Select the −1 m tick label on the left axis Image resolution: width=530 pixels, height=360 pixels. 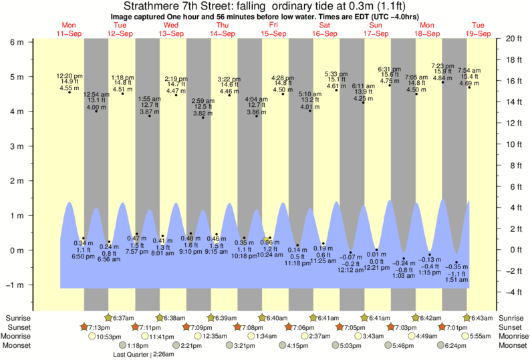click(16, 285)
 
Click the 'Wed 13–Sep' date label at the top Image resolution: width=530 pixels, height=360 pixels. click(171, 29)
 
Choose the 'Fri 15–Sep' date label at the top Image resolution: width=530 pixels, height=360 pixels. click(273, 29)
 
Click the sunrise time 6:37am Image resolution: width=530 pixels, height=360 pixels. click(124, 318)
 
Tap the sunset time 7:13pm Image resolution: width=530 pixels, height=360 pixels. click(98, 327)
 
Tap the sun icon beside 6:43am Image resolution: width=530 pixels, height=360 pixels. click(465, 318)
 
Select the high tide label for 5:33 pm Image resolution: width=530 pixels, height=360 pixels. click(336, 73)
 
